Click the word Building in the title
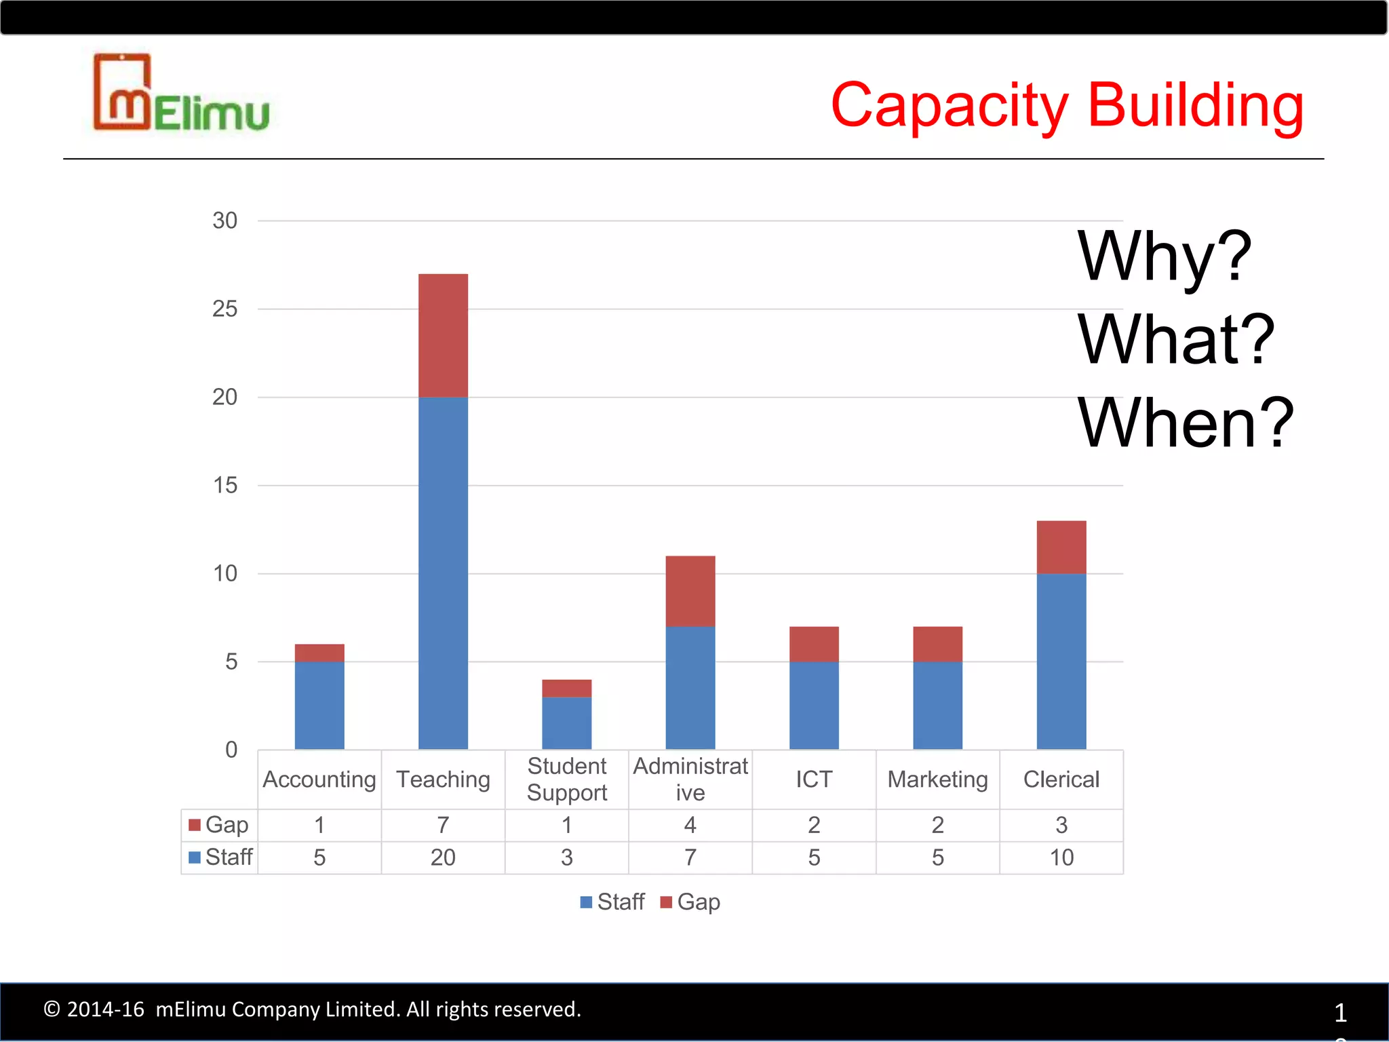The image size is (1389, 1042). coord(1195,106)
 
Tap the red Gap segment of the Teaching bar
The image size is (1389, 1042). coord(443,335)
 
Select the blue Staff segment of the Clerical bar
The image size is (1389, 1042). coord(1061,661)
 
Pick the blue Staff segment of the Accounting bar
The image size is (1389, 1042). coord(319,705)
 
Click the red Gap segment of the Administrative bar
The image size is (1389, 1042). coord(690,591)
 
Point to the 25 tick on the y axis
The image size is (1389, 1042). coord(225,309)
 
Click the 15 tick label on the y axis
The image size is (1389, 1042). coord(225,486)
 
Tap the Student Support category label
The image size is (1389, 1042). coord(567,779)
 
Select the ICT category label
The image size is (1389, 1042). coord(814,779)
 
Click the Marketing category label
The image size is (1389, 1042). coord(937,779)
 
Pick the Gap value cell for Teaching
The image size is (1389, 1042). coord(443,826)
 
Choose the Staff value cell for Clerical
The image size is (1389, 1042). coord(1061,857)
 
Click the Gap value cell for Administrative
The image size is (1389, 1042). coord(690,826)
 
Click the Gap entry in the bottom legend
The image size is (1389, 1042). coord(691,902)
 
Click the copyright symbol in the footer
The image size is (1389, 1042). coord(52,1009)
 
